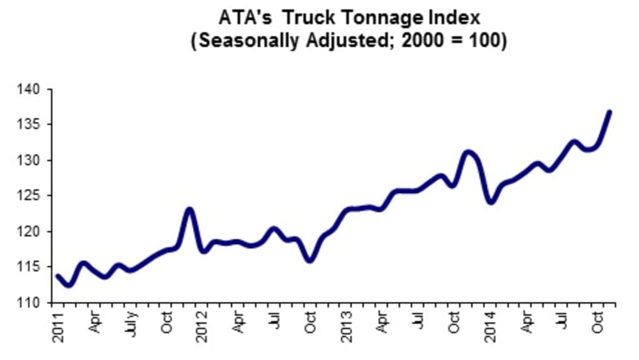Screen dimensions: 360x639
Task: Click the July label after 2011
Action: point(131,324)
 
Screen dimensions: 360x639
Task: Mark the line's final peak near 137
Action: point(610,112)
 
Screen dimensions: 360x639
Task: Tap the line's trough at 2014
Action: point(490,202)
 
